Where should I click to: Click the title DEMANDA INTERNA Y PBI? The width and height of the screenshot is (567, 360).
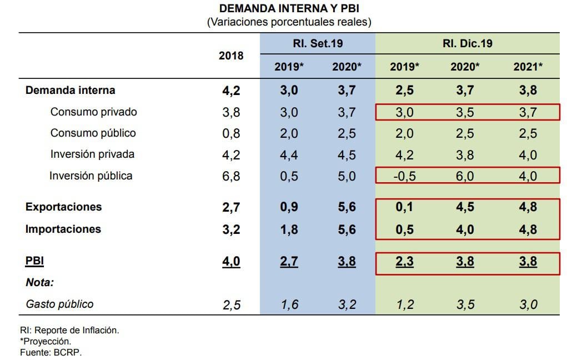[x=289, y=9]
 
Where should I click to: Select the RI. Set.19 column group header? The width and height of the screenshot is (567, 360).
[x=318, y=43]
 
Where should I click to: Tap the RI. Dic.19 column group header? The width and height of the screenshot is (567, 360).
[x=467, y=43]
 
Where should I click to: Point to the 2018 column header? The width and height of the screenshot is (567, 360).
[x=231, y=56]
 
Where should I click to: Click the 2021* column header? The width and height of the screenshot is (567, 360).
[x=528, y=67]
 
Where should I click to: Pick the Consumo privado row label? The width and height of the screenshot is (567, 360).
[x=93, y=112]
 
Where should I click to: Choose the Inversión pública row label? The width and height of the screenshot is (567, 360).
[x=91, y=176]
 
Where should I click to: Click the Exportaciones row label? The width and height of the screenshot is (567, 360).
[x=63, y=207]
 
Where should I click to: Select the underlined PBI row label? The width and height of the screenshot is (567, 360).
[x=34, y=261]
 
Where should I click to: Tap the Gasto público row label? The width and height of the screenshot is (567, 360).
[x=59, y=304]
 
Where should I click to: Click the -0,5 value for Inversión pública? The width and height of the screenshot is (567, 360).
[x=404, y=177]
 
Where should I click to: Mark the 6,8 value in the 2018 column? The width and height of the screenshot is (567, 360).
[x=231, y=177]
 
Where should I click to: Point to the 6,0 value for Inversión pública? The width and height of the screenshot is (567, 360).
[x=465, y=177]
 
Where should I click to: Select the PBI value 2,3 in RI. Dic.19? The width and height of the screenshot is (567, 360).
[x=404, y=261]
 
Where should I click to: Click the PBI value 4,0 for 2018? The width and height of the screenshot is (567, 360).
[x=231, y=261]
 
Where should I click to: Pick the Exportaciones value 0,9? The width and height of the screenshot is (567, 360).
[x=289, y=207]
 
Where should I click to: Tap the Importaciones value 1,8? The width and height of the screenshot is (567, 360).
[x=289, y=229]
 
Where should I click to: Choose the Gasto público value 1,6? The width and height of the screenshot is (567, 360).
[x=289, y=304]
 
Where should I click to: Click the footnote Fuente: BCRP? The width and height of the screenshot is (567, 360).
[x=51, y=352]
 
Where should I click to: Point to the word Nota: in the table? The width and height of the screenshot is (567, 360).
[x=39, y=283]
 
